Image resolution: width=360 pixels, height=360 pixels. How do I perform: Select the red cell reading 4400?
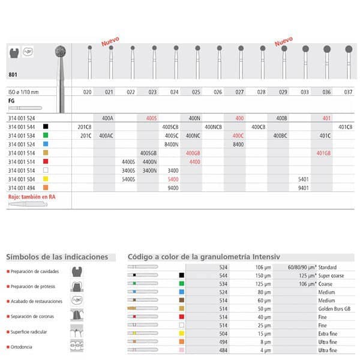click(194, 162)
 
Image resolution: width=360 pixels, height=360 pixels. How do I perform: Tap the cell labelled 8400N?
click(172, 145)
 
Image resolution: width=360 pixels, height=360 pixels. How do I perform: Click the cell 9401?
click(305, 187)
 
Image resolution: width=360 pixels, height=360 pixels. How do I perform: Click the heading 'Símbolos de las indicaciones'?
click(57, 257)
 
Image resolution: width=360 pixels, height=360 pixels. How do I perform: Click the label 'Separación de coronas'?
click(34, 316)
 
